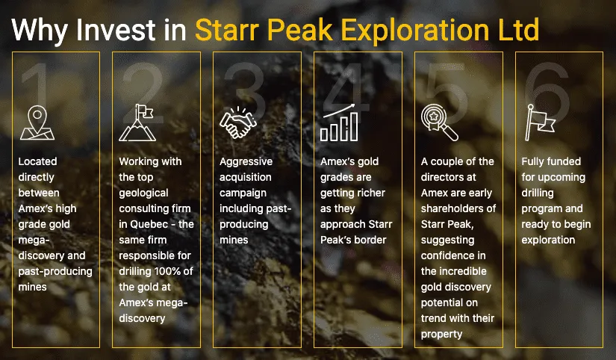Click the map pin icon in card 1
click(37, 122)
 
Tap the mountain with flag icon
click(135, 122)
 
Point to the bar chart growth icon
click(340, 123)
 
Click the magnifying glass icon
click(438, 121)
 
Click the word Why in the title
click(40, 31)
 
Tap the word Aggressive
click(246, 161)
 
